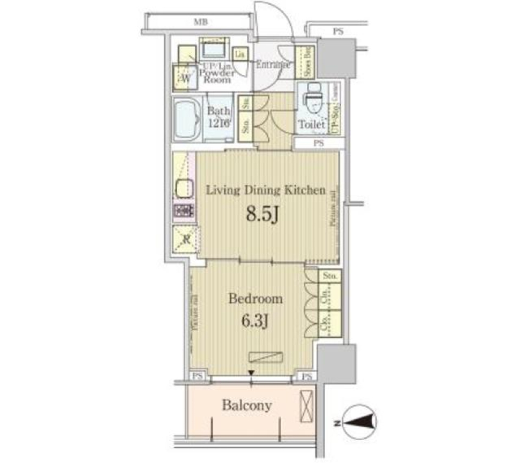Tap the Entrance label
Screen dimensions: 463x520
point(272,65)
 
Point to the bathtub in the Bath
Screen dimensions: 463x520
point(187,120)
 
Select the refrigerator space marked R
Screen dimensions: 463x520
point(184,238)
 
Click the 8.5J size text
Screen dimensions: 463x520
point(263,215)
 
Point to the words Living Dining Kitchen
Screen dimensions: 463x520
point(267,190)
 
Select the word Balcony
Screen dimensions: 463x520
point(246,406)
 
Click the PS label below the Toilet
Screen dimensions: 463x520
point(318,144)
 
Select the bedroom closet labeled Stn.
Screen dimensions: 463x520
point(329,276)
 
